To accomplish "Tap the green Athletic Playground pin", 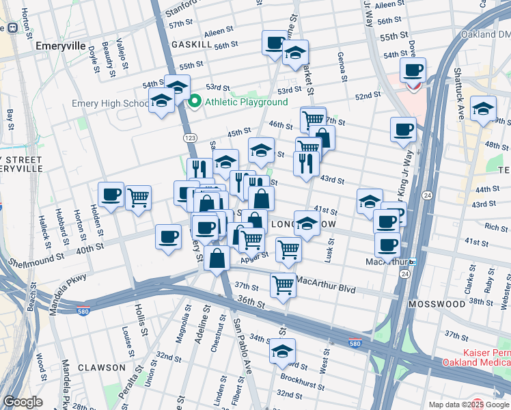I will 194,102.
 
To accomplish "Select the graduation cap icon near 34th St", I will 281,351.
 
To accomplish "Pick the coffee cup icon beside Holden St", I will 111,194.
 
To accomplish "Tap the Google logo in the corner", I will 23,402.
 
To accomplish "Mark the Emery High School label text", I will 111,104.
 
